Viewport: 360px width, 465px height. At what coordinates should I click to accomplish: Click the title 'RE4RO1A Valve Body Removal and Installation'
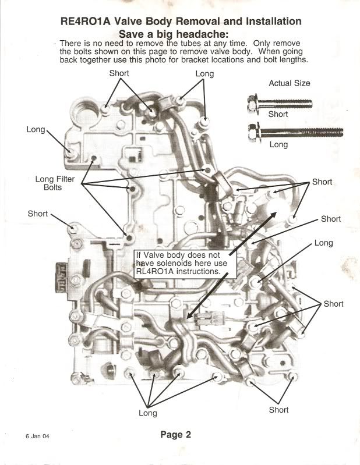pos(181,22)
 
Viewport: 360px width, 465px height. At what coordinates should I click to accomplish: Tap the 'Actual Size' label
pos(289,83)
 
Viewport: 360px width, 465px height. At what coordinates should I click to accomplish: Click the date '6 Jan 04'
pos(37,436)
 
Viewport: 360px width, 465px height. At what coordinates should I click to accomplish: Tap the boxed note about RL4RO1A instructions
pos(185,263)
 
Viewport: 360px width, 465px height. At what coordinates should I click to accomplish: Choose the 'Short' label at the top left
pos(119,73)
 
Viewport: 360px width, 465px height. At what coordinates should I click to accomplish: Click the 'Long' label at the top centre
pos(204,74)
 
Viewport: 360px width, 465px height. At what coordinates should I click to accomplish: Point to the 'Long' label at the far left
pos(36,129)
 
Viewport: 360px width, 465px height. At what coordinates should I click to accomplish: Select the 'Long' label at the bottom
pos(147,413)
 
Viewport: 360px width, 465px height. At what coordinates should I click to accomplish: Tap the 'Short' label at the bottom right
pos(278,410)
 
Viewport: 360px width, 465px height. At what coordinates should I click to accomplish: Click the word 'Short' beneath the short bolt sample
pos(278,115)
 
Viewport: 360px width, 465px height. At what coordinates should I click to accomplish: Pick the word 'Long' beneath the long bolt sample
pos(278,144)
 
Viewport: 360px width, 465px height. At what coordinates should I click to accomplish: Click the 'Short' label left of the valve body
pos(37,214)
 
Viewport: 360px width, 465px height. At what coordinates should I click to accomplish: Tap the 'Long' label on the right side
pos(323,243)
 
